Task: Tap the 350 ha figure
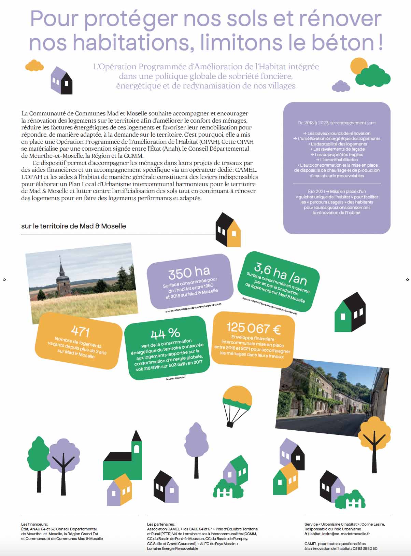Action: [x=189, y=272]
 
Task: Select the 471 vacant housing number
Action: [x=80, y=331]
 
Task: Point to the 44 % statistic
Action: [x=165, y=333]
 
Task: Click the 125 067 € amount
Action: [x=254, y=328]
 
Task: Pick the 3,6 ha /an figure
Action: [x=280, y=274]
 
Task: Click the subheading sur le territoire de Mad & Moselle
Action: [x=73, y=226]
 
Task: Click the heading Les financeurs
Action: [x=34, y=524]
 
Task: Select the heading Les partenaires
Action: [x=161, y=524]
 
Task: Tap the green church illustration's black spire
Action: [x=137, y=436]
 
